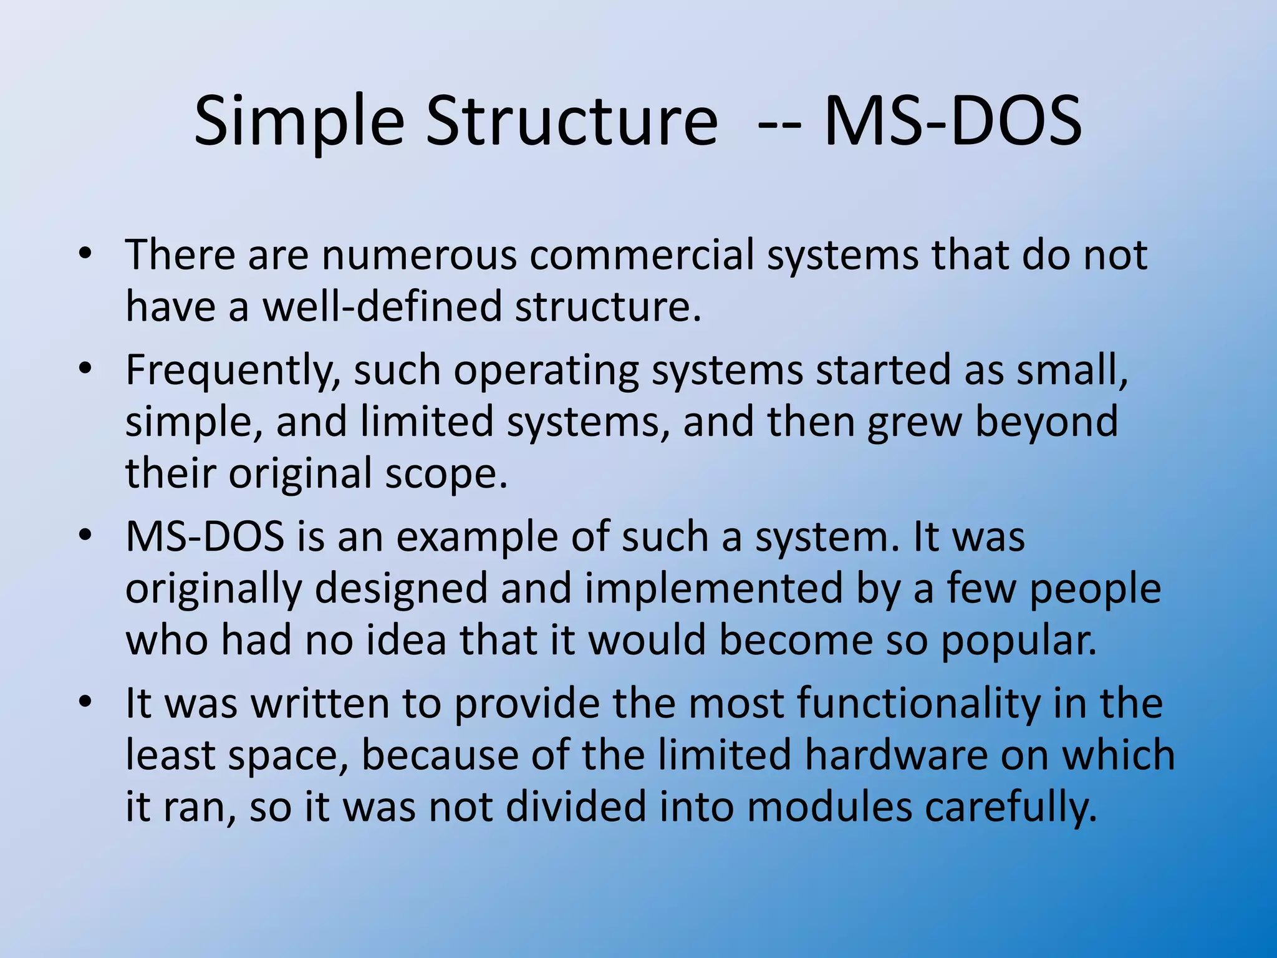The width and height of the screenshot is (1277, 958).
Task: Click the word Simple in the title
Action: click(299, 122)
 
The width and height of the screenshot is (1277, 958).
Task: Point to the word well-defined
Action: click(382, 307)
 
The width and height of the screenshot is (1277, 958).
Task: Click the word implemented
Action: click(713, 589)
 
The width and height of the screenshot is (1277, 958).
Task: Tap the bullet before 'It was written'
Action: click(85, 702)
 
